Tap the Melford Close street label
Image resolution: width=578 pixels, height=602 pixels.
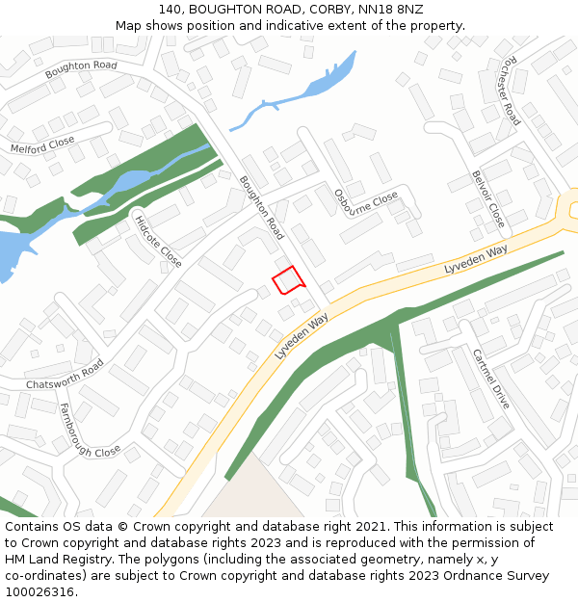pos(42,145)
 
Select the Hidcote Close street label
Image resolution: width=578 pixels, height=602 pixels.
pos(158,241)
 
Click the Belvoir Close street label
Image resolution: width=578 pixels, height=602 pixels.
pos(488,198)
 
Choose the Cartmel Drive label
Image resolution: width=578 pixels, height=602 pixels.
pos(490,379)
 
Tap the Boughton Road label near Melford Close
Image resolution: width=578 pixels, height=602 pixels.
pos(81,70)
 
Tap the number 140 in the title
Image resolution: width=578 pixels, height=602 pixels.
pos(171,9)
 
